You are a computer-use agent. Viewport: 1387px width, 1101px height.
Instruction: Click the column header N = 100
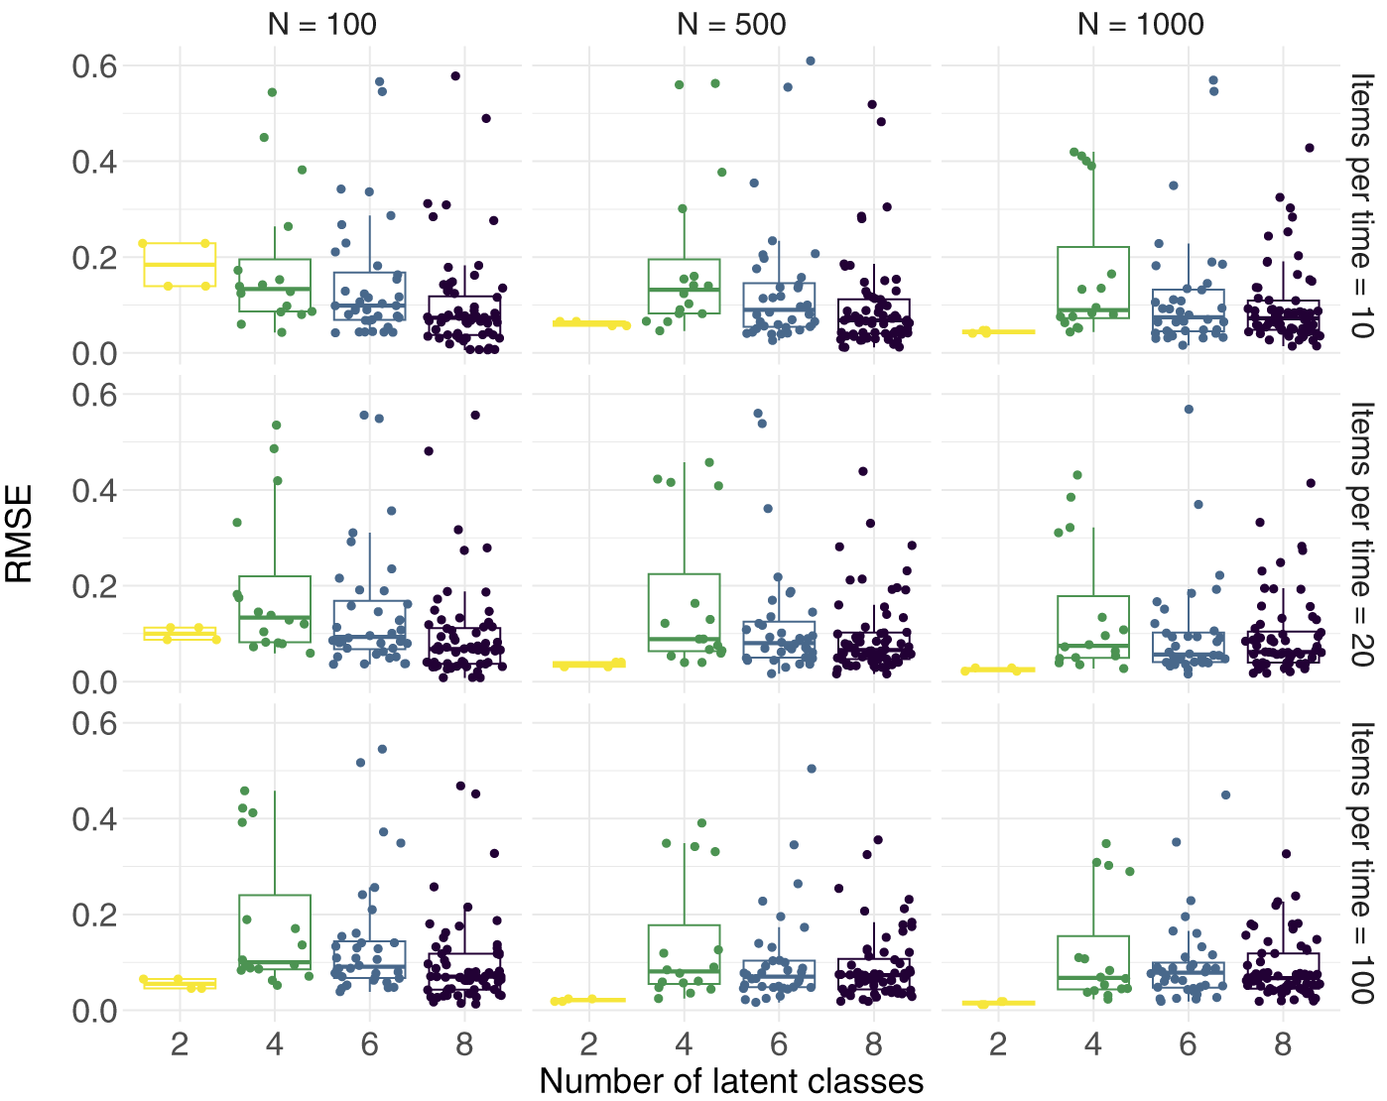[x=321, y=25]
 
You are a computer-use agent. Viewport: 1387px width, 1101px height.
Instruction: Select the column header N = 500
[x=731, y=25]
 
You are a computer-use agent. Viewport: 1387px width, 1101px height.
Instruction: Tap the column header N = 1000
[x=1141, y=25]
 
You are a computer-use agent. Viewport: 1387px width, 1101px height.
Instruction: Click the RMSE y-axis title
[x=18, y=534]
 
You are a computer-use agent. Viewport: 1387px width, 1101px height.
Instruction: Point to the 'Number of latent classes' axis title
[x=731, y=1080]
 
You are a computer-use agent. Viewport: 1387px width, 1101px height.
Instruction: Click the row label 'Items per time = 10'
[x=1361, y=205]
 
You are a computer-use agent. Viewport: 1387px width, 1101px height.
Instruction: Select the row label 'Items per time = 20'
[x=1361, y=534]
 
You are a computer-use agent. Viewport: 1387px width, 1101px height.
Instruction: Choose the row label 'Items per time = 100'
[x=1361, y=863]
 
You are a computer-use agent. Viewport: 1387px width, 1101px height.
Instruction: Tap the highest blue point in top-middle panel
[x=811, y=61]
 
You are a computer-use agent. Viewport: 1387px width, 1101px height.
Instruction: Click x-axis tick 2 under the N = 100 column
[x=180, y=1044]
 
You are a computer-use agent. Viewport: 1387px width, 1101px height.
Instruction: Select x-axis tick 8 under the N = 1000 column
[x=1283, y=1044]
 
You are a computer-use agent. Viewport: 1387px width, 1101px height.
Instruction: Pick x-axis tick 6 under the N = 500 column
[x=779, y=1044]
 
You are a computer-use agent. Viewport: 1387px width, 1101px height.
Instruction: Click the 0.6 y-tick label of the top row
[x=94, y=66]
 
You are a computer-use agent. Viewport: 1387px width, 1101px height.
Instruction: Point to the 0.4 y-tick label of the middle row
[x=94, y=491]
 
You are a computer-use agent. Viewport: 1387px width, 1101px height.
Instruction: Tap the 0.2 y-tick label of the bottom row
[x=94, y=915]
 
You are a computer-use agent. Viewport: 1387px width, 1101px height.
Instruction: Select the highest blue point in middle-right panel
[x=1190, y=410]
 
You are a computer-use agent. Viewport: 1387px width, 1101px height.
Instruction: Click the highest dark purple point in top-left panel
[x=455, y=76]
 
